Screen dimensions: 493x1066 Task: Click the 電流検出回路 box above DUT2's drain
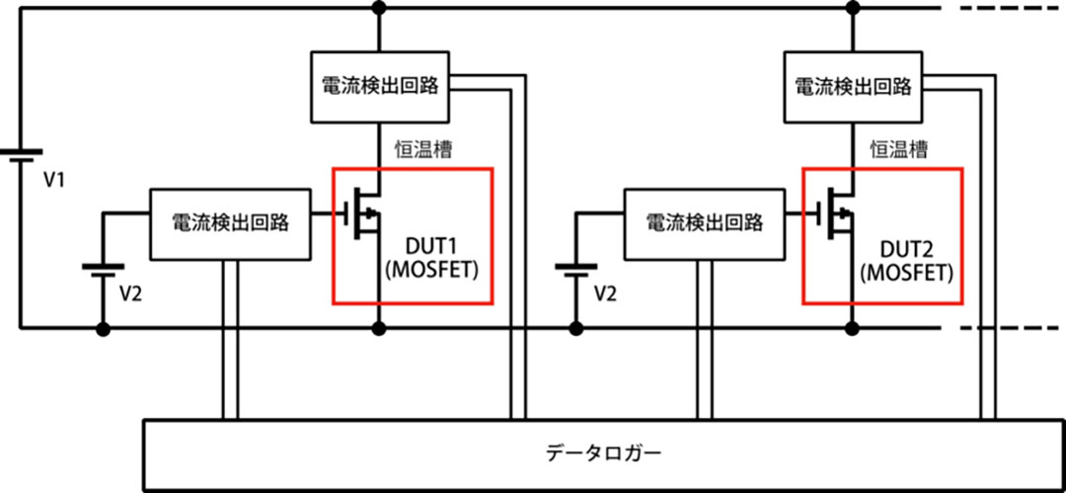point(853,87)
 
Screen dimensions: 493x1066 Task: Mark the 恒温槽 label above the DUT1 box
point(424,149)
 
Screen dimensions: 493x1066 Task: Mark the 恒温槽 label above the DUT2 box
point(897,149)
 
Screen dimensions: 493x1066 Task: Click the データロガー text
point(603,454)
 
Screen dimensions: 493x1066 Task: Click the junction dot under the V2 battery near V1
point(102,328)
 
